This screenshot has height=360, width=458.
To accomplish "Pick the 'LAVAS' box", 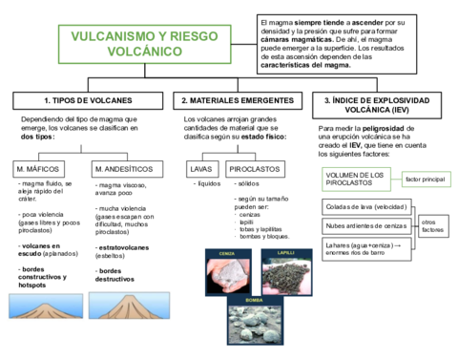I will coord(201,169).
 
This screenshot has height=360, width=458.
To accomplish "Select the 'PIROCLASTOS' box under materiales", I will coord(255,169).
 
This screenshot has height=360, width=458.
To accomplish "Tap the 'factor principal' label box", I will coord(426,179).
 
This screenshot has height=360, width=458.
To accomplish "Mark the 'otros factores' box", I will coord(433,225).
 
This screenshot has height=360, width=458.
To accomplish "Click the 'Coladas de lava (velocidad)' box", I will coord(365,207).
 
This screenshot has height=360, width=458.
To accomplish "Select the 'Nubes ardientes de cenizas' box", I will coord(365,226).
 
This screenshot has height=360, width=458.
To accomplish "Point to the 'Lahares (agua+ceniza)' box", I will coord(365,248).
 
